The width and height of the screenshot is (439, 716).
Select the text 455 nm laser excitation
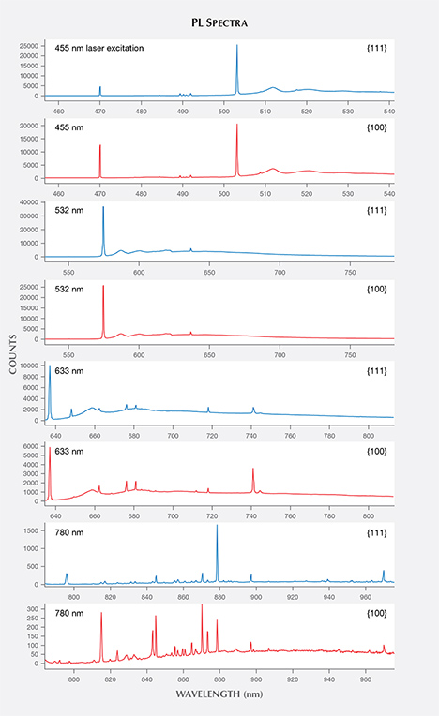(x=98, y=48)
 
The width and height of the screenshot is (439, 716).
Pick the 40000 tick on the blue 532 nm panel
(x=30, y=202)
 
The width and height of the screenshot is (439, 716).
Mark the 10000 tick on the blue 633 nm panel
(x=30, y=365)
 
